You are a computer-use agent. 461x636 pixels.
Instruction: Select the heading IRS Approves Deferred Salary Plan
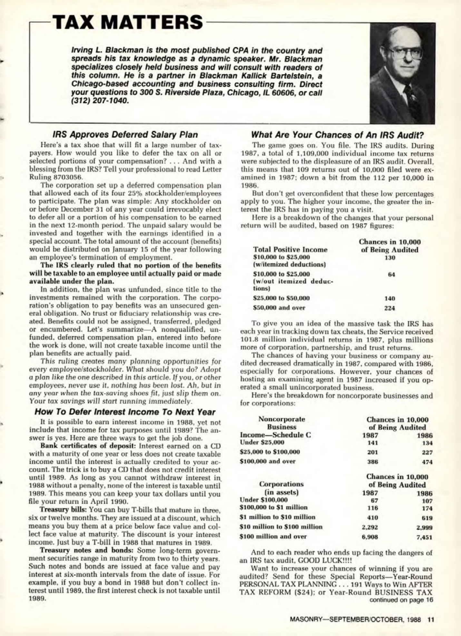click(x=125, y=134)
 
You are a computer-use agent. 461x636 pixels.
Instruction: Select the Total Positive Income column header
click(x=290, y=250)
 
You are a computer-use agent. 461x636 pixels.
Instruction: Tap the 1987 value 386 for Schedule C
click(x=373, y=461)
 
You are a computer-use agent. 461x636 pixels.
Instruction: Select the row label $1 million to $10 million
click(x=278, y=517)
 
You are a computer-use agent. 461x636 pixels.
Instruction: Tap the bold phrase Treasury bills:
click(x=63, y=510)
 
